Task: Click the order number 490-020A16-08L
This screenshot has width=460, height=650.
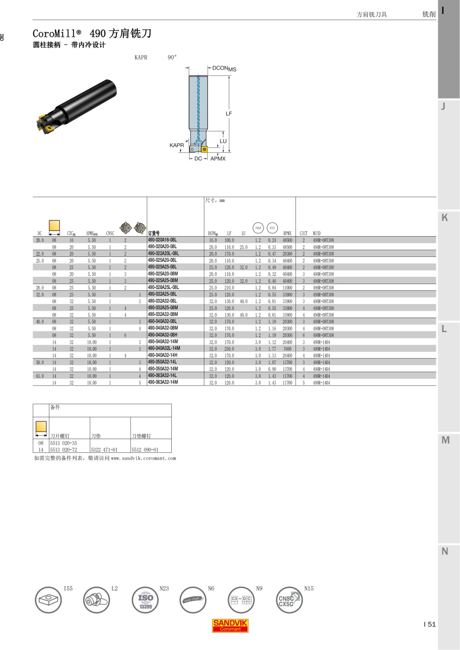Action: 162,240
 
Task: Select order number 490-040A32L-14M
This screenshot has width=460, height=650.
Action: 164,348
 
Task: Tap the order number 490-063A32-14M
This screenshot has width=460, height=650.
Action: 163,382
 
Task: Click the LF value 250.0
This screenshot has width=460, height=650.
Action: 229,349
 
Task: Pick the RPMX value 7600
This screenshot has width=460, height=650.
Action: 287,349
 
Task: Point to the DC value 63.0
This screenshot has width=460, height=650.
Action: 40,376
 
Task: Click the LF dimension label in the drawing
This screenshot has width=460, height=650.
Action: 229,114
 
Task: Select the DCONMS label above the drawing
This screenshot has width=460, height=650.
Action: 224,69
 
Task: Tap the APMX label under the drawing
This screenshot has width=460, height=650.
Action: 218,158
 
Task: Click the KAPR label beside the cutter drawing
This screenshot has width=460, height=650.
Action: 176,145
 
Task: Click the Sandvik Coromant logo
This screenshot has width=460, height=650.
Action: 230,626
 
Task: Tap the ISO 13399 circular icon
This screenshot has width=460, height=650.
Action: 145,600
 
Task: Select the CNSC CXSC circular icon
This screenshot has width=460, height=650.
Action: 289,600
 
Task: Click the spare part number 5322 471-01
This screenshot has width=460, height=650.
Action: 104,450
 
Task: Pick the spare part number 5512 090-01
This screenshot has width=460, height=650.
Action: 145,450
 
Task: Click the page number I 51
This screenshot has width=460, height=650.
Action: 429,624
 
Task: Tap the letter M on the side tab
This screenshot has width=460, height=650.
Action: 445,440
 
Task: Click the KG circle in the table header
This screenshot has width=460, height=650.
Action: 272,228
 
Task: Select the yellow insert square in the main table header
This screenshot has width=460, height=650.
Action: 54,225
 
